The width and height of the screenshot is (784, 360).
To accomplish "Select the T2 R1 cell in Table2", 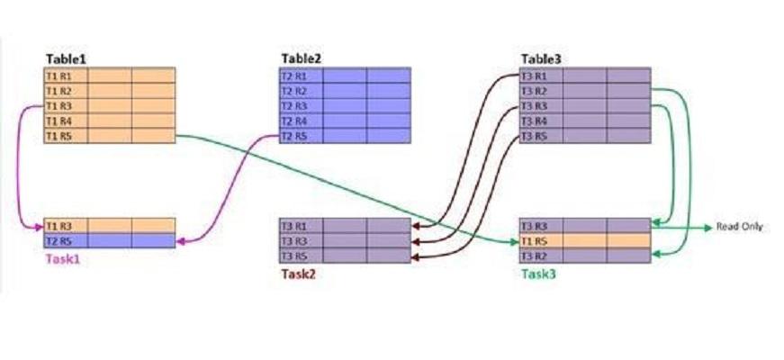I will tap(294, 76).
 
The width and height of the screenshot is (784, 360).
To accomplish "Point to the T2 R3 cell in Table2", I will tap(294, 106).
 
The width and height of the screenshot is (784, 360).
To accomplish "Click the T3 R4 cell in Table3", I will tap(535, 121).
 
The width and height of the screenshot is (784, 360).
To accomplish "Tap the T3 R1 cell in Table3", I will tap(535, 76).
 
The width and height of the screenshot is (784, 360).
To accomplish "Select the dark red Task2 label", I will tap(298, 273).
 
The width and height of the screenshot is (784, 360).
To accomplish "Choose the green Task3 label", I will tap(537, 273).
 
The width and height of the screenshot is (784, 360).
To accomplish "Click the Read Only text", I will tap(739, 227).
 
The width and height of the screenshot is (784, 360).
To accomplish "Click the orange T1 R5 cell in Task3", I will tap(535, 241).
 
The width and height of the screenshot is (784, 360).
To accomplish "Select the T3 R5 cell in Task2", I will tap(295, 256).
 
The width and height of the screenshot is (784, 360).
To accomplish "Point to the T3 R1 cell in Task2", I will tap(295, 226).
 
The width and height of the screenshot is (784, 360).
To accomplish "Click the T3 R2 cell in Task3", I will tap(535, 256).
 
